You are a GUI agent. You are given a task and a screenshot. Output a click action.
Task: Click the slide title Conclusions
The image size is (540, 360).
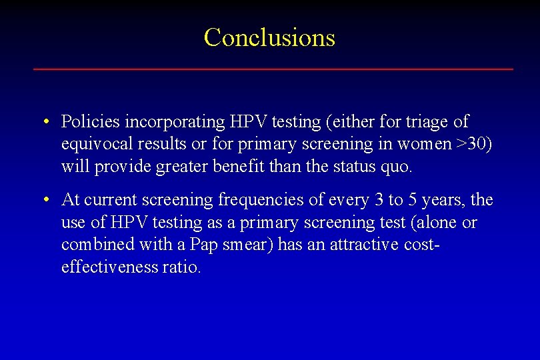[269, 37]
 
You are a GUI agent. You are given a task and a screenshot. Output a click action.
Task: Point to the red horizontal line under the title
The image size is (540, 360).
[273, 69]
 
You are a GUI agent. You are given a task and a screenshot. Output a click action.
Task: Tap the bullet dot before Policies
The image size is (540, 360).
[45, 122]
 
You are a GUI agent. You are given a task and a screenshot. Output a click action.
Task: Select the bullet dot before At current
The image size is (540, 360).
[45, 200]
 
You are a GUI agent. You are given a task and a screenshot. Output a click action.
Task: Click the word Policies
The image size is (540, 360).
[91, 122]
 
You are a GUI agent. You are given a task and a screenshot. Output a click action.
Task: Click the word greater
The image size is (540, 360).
[183, 166]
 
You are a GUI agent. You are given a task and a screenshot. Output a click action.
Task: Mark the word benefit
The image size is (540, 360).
[240, 166]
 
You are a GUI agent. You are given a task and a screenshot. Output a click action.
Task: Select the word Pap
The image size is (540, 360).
[203, 245]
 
